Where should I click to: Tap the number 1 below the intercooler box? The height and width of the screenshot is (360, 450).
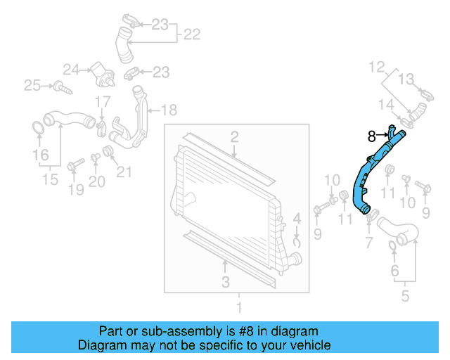(x=238, y=307)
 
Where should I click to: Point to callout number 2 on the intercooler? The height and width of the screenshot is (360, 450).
(x=234, y=136)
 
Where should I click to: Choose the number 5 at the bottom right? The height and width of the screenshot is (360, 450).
(x=406, y=296)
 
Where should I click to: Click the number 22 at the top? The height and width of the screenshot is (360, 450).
(x=192, y=33)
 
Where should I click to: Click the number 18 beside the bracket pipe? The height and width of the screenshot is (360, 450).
(x=169, y=110)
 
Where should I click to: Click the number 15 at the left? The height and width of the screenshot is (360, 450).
(x=49, y=180)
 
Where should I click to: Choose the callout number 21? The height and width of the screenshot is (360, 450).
(x=124, y=171)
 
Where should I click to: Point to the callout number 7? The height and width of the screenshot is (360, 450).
(x=368, y=243)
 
